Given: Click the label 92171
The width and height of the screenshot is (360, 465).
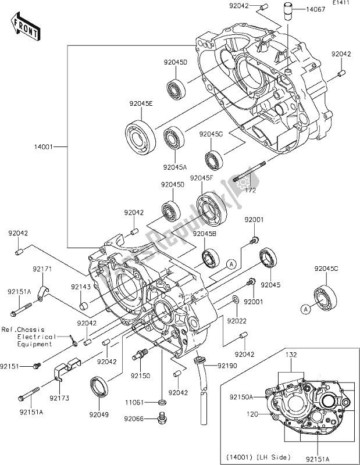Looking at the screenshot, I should pos(42,270).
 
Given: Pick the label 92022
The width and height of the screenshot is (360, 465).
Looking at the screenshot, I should pos(237,321).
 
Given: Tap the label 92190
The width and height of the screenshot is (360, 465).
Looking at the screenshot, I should pos(227,365).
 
